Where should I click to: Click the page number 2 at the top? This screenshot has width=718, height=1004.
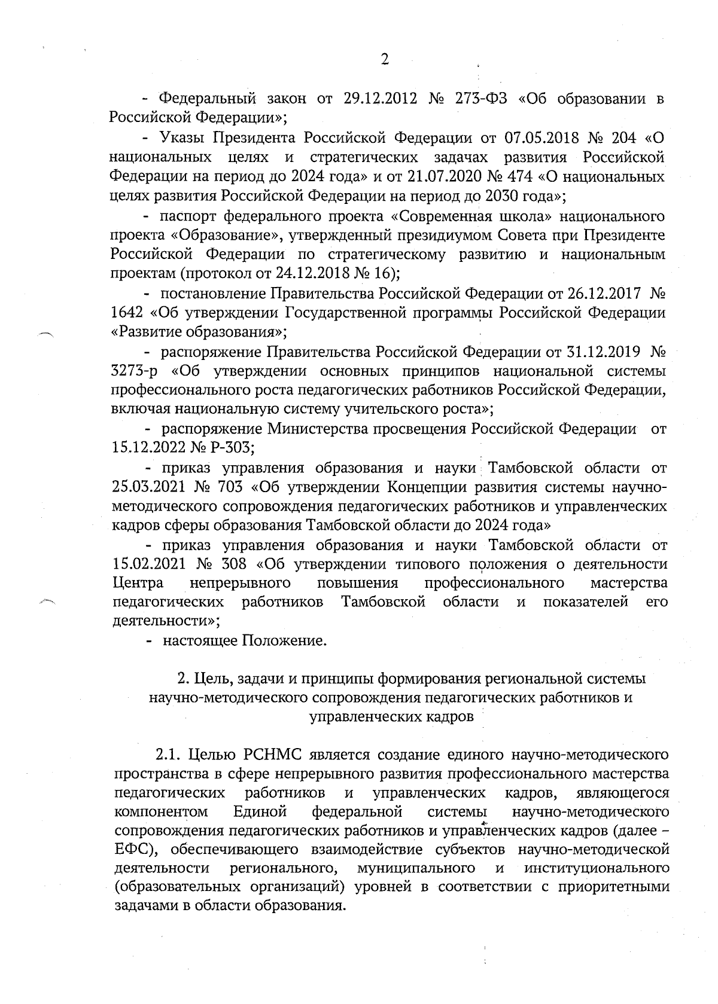click(x=385, y=59)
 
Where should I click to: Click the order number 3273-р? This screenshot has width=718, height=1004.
click(x=134, y=371)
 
